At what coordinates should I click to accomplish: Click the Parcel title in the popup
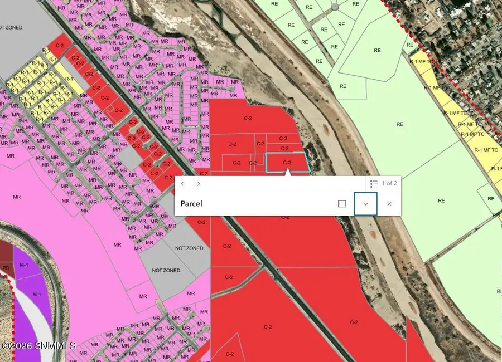pos(191,204)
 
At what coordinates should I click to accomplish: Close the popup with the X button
pos(389,204)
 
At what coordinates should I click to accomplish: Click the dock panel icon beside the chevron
pos(342,204)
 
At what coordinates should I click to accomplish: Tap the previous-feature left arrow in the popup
pos(182,184)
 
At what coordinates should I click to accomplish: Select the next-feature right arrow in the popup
pos(199,184)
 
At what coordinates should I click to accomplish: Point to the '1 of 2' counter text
pos(389,184)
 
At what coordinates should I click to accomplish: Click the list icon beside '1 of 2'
pos(374,184)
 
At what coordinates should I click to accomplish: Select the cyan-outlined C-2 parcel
pos(287,163)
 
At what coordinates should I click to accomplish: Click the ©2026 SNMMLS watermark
pos(39,346)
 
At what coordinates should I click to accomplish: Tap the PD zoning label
pos(6,268)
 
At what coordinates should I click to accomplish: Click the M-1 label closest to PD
pos(25,265)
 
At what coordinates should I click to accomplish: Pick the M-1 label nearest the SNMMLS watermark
pos(37,294)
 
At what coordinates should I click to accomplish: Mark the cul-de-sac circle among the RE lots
pos(335,7)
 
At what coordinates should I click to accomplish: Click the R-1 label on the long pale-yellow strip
pos(69,79)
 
